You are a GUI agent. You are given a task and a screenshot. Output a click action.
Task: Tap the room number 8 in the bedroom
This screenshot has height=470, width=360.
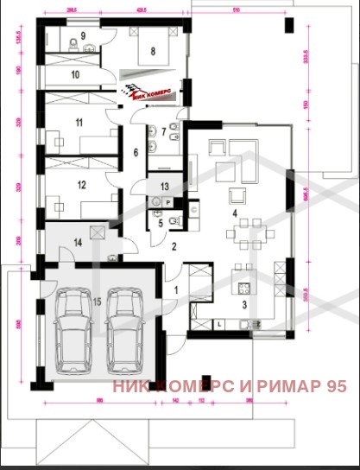point(153,52)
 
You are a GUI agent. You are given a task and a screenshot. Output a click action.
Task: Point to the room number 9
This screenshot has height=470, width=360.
point(84,36)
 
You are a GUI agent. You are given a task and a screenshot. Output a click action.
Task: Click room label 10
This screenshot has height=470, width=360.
point(75,75)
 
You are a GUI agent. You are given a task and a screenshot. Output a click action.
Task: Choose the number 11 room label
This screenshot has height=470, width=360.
point(79,124)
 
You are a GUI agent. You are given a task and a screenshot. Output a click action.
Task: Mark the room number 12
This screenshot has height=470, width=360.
point(81,184)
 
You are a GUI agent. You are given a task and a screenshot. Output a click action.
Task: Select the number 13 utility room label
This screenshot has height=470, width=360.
point(165,186)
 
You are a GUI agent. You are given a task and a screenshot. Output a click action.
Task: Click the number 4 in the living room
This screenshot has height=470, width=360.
point(233,211)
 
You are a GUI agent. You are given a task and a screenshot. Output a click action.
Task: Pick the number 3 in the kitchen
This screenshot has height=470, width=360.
point(243,305)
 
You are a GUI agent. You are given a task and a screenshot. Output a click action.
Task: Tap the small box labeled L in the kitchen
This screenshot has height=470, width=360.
point(220,322)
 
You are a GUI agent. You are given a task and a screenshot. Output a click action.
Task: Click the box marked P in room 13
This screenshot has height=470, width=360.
point(167,200)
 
